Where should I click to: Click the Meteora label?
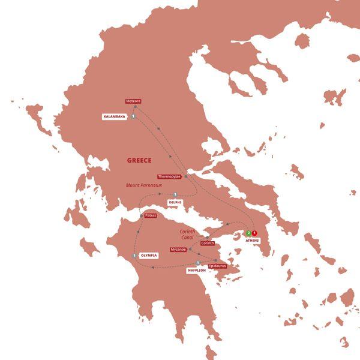(134, 101)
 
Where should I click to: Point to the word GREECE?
(139, 160)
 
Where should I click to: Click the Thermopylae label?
(169, 176)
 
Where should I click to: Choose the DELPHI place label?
(175, 202)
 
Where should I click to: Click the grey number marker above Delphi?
(175, 194)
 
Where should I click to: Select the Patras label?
(151, 215)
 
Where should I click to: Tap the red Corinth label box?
(208, 243)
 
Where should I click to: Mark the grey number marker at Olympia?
(133, 256)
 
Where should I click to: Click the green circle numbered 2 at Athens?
(248, 233)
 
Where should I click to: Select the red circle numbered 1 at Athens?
(254, 233)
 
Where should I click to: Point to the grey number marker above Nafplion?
(197, 263)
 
